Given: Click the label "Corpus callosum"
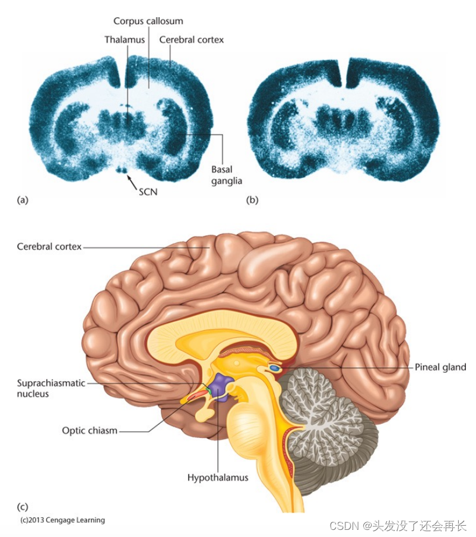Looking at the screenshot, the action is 148,21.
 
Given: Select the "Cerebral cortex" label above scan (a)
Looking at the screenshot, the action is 191,40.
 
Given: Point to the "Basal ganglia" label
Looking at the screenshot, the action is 227,175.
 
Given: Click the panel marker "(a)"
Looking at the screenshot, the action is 23,200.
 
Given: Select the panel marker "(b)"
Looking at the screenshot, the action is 252,200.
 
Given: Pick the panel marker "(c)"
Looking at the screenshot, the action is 23,507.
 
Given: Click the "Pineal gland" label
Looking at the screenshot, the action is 440,367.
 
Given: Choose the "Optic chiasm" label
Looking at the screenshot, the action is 90,430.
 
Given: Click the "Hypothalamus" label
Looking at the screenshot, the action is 218,477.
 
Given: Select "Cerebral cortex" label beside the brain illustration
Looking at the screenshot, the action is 49,247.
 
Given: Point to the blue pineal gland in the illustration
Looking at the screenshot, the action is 274,368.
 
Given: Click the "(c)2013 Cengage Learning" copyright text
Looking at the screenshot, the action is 62,520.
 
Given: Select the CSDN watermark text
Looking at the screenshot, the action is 398,526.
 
